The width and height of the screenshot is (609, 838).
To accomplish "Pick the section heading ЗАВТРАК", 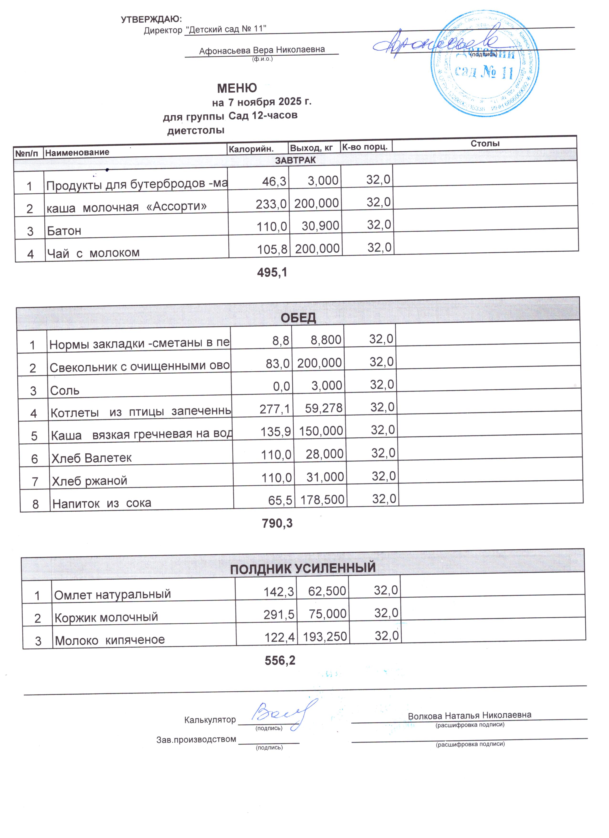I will pyautogui.click(x=295, y=160).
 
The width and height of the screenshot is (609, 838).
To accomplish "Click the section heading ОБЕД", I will pyautogui.click(x=298, y=318).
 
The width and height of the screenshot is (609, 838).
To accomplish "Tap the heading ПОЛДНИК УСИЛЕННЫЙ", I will pyautogui.click(x=303, y=567).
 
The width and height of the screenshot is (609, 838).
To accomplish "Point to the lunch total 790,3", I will pyautogui.click(x=277, y=523).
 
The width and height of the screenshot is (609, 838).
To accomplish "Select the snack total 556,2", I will pyautogui.click(x=280, y=661).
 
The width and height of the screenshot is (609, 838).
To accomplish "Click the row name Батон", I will pyautogui.click(x=64, y=231).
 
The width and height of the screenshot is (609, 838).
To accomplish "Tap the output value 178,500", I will pyautogui.click(x=322, y=499).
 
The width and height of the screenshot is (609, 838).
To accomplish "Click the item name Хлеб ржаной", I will pyautogui.click(x=89, y=481).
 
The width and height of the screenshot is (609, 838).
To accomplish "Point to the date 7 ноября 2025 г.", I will pyautogui.click(x=270, y=102).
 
